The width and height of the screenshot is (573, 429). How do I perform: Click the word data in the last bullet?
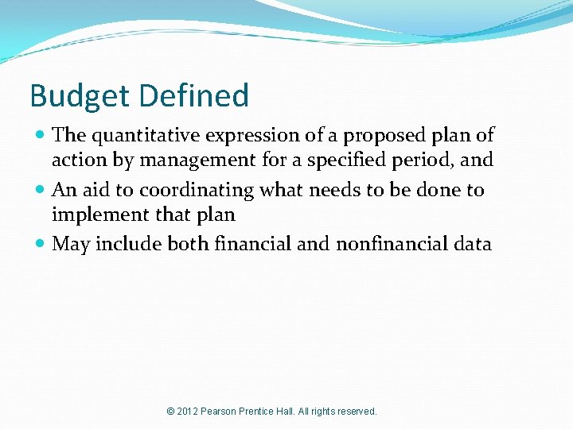pyautogui.click(x=472, y=244)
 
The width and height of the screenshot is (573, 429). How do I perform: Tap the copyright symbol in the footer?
pyautogui.click(x=170, y=412)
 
